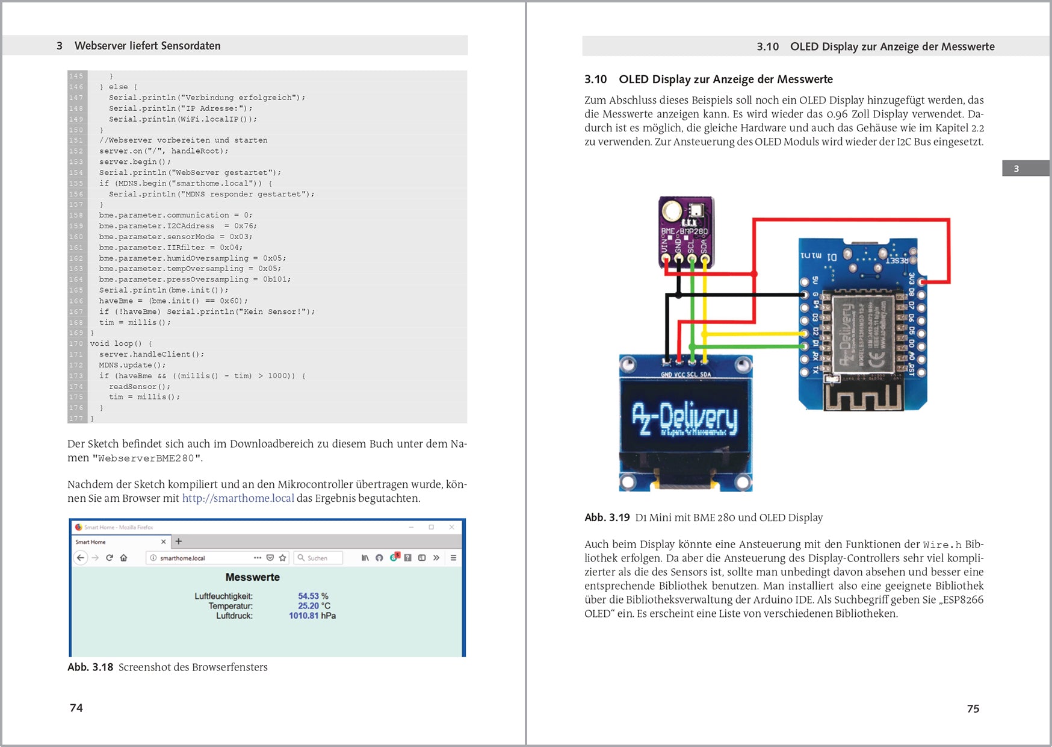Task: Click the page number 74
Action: (76, 708)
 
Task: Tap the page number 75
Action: (973, 709)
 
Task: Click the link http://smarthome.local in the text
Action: (238, 498)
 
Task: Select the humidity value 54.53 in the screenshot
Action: (308, 596)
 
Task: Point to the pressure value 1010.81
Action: (303, 616)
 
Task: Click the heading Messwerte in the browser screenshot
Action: (252, 577)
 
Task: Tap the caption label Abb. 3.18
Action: (90, 667)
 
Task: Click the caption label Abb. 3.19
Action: (607, 517)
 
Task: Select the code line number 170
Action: (76, 343)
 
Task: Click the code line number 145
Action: (76, 76)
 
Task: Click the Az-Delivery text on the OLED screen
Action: (685, 418)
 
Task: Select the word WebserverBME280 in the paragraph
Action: (146, 458)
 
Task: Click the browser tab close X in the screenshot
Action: (164, 542)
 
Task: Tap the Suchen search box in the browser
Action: (319, 558)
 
